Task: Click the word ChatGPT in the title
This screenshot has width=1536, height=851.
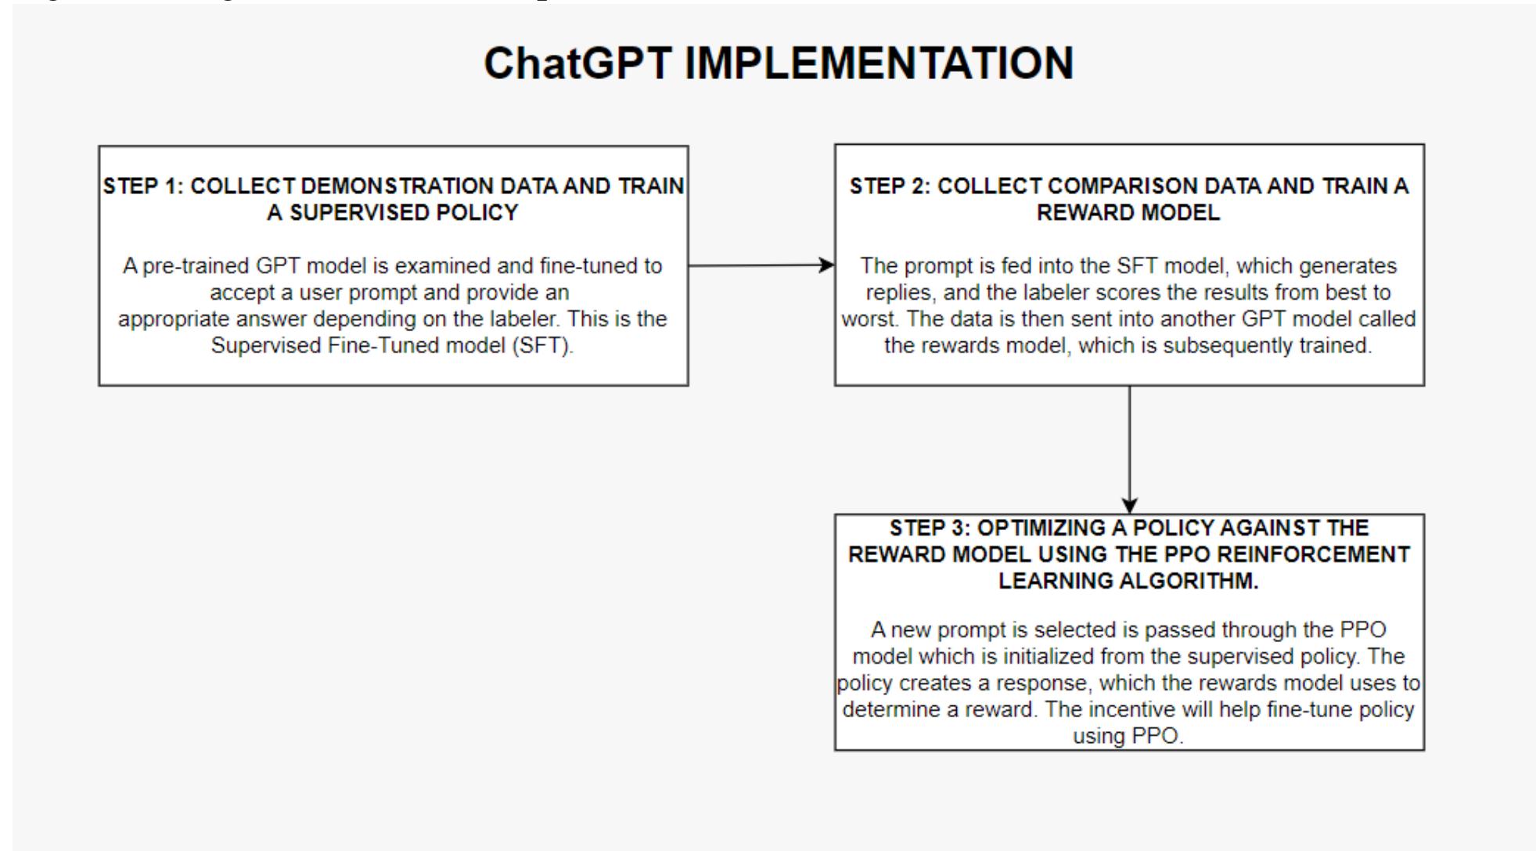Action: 577,63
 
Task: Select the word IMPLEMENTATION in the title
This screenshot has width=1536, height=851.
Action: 879,63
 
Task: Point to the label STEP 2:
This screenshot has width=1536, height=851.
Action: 890,186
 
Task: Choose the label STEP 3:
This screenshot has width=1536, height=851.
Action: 930,528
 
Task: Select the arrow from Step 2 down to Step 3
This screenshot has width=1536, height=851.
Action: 1129,449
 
